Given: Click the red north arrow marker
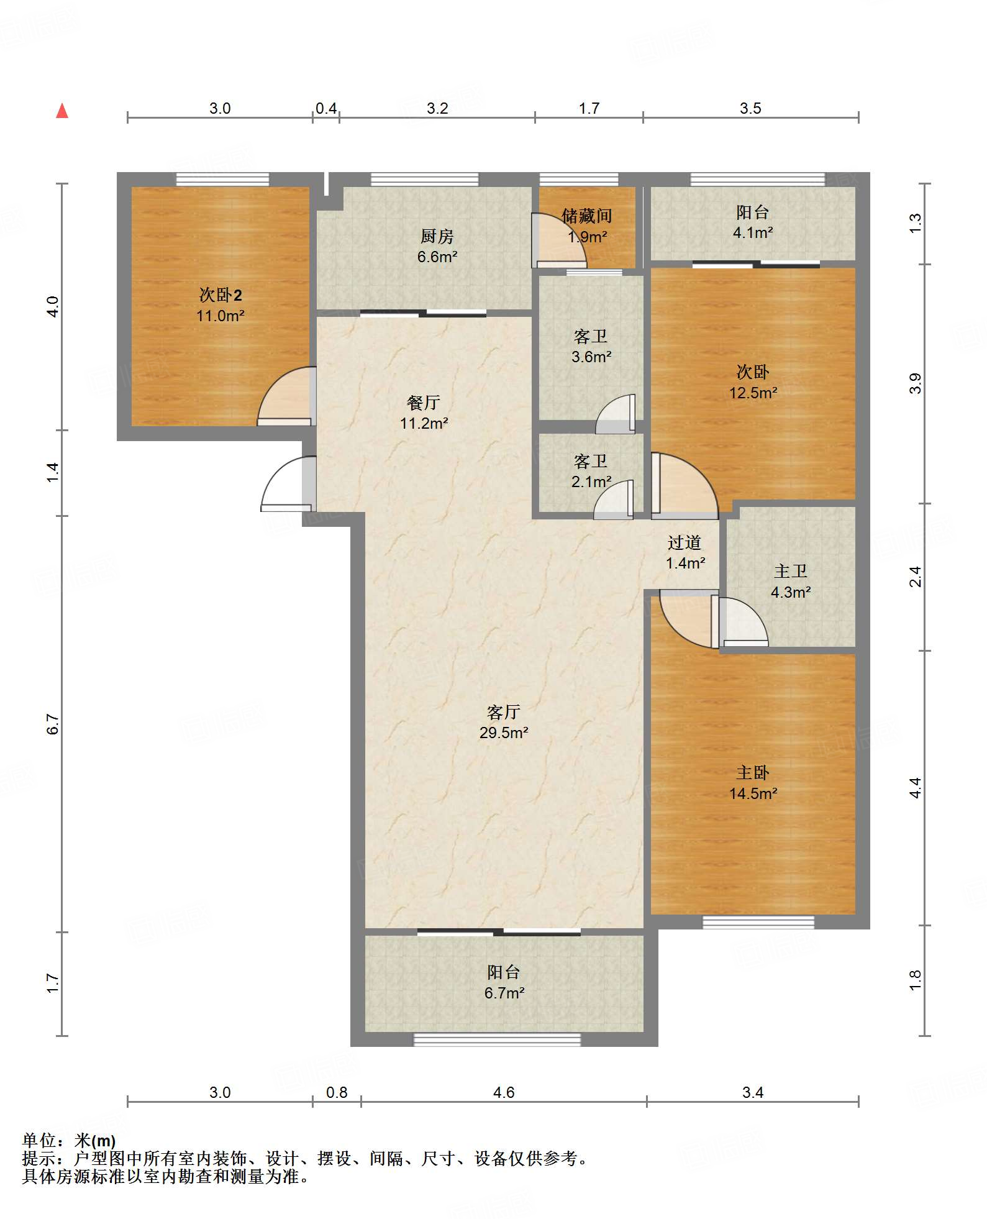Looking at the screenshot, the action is (62, 111).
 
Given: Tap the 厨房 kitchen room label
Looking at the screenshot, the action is (437, 236).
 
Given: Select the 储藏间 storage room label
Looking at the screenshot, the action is (586, 216).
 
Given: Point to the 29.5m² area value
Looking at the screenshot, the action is (504, 733).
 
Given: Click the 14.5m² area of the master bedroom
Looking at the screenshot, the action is (753, 793).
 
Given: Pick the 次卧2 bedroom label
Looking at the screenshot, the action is (221, 295).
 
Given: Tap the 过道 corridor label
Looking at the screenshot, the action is (685, 542).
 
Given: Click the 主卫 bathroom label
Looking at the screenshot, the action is (791, 572).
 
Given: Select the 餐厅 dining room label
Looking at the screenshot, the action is (424, 403).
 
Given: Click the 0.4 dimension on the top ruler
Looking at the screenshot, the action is (325, 109).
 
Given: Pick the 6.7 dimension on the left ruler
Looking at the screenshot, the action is (53, 724).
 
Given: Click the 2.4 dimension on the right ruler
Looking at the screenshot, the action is (915, 577).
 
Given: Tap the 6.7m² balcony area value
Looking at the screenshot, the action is (504, 993).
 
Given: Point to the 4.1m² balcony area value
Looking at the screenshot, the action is (753, 232).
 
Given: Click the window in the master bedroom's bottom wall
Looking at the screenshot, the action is (758, 922).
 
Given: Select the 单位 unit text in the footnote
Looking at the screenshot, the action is (39, 1141).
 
